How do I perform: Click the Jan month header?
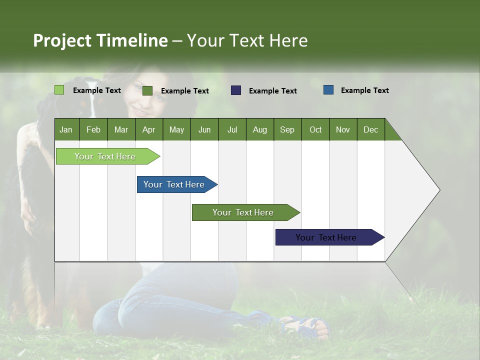click(x=66, y=129)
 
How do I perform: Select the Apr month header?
click(x=149, y=129)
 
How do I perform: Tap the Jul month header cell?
click(x=232, y=129)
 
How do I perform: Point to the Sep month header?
click(x=287, y=129)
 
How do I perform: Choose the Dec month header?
click(x=370, y=129)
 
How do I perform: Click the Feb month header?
click(x=93, y=129)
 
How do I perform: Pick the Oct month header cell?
click(x=315, y=129)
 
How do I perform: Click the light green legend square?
click(x=59, y=90)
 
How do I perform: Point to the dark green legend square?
click(x=147, y=90)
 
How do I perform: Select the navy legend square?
click(x=236, y=90)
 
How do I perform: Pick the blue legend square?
click(x=328, y=90)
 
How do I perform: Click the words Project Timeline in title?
click(x=100, y=40)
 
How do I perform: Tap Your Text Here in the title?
click(x=247, y=40)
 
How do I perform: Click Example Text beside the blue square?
click(x=364, y=90)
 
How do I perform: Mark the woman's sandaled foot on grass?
click(x=307, y=326)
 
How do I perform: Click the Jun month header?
click(x=204, y=129)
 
